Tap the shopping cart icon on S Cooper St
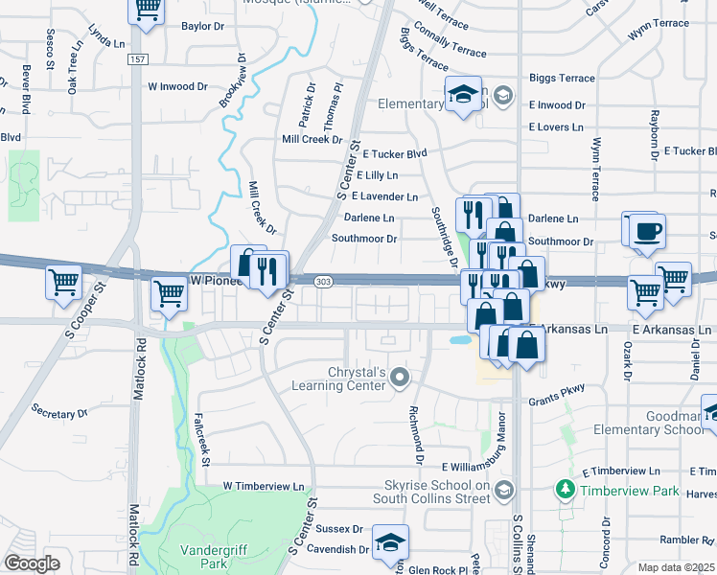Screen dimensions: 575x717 tap(63, 284)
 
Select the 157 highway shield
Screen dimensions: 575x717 tap(139, 59)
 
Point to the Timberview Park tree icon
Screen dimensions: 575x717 tap(566, 490)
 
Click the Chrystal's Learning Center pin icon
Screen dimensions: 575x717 tap(401, 378)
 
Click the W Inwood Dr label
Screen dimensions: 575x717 tap(177, 86)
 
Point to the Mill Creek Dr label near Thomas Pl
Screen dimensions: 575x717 tap(312, 139)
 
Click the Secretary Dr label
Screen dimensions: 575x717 tap(59, 413)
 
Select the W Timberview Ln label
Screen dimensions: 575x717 tap(269, 487)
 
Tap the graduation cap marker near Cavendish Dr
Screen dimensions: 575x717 tap(390, 542)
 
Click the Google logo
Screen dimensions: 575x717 tap(33, 563)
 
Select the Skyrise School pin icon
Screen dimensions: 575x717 tap(506, 490)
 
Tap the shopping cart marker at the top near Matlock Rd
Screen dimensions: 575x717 tap(147, 8)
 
